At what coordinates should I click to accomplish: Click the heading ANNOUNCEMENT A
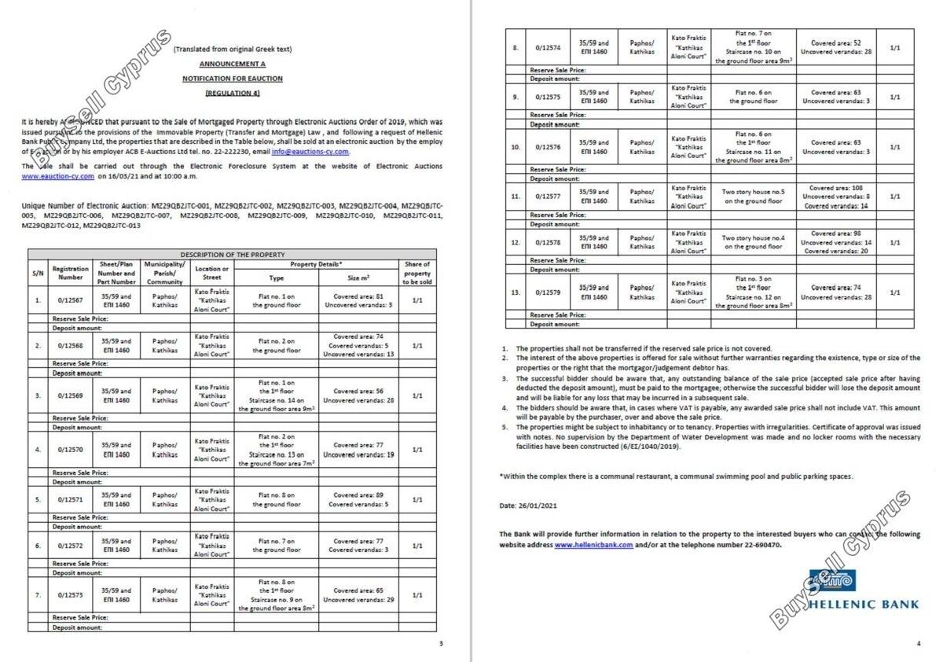click(232, 64)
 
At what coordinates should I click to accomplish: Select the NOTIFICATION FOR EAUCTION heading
click(232, 79)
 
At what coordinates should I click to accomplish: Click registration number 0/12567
click(71, 300)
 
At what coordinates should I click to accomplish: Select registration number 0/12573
click(71, 595)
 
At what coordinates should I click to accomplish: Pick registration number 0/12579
click(549, 292)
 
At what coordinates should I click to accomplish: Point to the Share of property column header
click(417, 273)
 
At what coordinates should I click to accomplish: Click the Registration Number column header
click(71, 273)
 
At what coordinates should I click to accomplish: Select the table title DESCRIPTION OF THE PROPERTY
click(233, 255)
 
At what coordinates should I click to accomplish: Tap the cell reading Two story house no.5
click(754, 197)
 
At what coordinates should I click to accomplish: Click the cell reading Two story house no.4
click(754, 242)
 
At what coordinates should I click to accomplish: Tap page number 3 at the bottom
click(441, 644)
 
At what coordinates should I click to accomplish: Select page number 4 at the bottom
click(919, 644)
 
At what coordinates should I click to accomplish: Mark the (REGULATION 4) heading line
click(232, 93)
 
